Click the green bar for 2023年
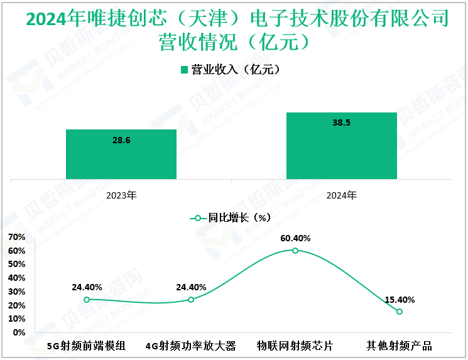(121, 155)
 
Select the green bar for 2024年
(341, 146)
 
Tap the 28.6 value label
(121, 140)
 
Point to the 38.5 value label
(341, 123)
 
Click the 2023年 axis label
(121, 195)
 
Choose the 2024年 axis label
(341, 195)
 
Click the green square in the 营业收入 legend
(185, 70)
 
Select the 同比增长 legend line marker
(198, 218)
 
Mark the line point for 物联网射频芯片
(295, 250)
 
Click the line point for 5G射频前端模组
(87, 300)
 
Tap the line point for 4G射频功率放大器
(191, 300)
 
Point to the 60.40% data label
(295, 238)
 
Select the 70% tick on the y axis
(16, 237)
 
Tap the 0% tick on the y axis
(19, 332)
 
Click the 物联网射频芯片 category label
(295, 346)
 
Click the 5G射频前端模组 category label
(87, 346)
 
